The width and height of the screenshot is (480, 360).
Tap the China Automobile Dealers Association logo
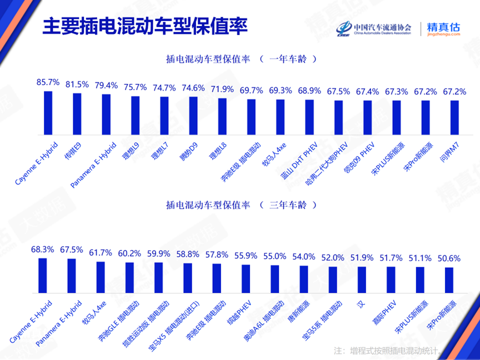(374, 28)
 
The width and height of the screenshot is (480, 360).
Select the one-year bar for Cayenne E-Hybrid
(48, 113)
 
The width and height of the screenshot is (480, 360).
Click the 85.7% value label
(48, 82)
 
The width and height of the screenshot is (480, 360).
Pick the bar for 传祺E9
(77, 114)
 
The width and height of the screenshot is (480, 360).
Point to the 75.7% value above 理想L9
(135, 87)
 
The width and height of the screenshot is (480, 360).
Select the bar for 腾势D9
(193, 116)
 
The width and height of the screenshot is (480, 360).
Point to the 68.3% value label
(42, 249)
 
